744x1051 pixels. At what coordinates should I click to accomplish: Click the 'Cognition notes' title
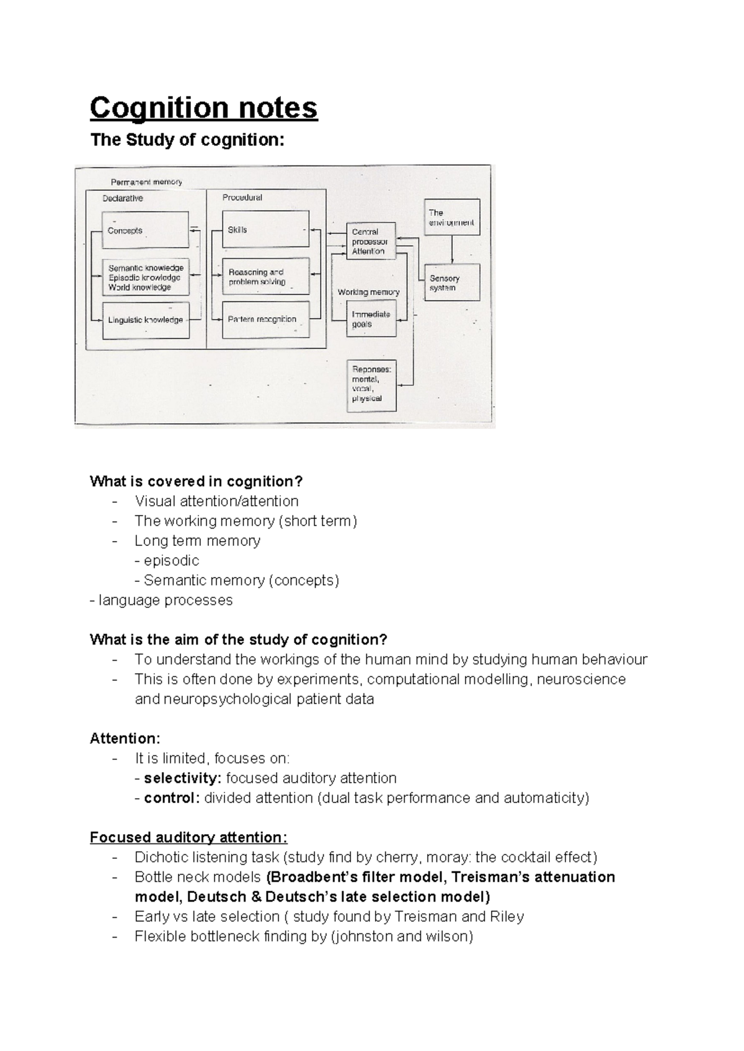click(x=203, y=108)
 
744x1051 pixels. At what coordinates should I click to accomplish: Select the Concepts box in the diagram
click(x=146, y=230)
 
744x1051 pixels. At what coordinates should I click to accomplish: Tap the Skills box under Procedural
click(x=265, y=230)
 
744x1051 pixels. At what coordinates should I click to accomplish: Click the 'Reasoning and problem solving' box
click(x=265, y=276)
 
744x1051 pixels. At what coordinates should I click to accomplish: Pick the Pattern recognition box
click(x=265, y=320)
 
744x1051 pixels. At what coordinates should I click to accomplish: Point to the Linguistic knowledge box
click(x=146, y=320)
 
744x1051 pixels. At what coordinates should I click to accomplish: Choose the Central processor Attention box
click(x=371, y=241)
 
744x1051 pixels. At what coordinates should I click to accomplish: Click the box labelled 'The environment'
click(x=452, y=217)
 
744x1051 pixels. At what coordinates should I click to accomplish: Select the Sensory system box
click(x=452, y=283)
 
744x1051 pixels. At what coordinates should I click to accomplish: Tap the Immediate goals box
click(x=371, y=319)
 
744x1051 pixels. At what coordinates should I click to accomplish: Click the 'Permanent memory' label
click(x=146, y=182)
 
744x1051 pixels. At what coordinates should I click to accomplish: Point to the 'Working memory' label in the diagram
click(x=368, y=292)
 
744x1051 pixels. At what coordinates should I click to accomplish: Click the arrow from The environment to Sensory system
click(x=452, y=249)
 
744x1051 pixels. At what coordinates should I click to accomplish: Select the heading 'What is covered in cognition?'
click(x=196, y=482)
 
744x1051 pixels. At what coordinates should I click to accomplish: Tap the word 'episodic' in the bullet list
click(x=171, y=561)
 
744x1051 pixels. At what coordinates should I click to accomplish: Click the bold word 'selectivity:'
click(x=182, y=778)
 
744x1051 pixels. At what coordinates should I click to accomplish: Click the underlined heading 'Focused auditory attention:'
click(x=188, y=838)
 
